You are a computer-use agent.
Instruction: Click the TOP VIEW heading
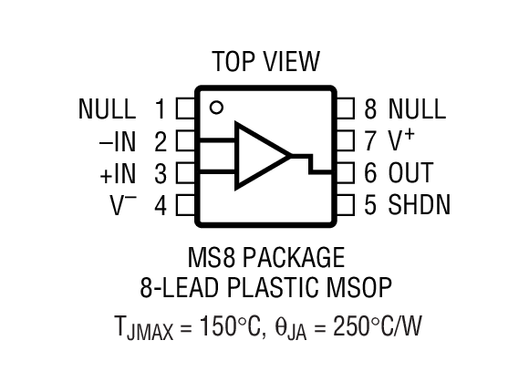[x=265, y=62]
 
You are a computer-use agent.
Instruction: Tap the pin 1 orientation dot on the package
[x=216, y=108]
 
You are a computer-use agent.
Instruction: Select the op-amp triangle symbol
[x=260, y=156]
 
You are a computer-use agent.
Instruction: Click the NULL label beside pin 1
[x=108, y=110]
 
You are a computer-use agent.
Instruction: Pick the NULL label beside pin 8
[x=417, y=110]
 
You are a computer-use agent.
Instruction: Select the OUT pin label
[x=410, y=173]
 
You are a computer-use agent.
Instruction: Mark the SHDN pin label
[x=420, y=205]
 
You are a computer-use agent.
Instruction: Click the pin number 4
[x=161, y=205]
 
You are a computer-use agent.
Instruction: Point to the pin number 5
[x=369, y=205]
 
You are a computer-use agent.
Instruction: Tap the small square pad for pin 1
[x=184, y=110]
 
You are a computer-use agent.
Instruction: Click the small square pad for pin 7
[x=346, y=141]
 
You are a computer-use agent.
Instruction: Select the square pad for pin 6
[x=346, y=172]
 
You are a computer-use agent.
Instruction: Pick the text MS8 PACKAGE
[x=265, y=256]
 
